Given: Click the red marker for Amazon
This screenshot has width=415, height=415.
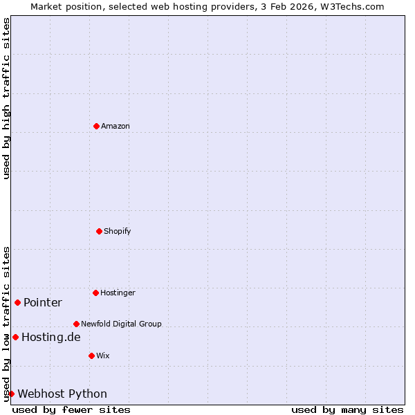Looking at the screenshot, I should pyautogui.click(x=96, y=126).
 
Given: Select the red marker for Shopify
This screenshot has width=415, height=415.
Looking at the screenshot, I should pyautogui.click(x=99, y=231).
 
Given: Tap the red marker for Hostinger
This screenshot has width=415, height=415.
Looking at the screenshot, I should pyautogui.click(x=95, y=293).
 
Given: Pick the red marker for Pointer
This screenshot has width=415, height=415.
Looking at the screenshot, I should pyautogui.click(x=17, y=302).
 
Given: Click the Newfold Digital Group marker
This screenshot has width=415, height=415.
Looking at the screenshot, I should pyautogui.click(x=76, y=324).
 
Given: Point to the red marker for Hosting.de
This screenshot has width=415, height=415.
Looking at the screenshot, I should pyautogui.click(x=15, y=337).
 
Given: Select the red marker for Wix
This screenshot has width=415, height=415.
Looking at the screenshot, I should pyautogui.click(x=91, y=356).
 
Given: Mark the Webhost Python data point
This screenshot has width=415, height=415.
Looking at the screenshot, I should pyautogui.click(x=11, y=394).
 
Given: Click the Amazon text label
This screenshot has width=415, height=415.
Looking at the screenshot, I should pyautogui.click(x=116, y=126).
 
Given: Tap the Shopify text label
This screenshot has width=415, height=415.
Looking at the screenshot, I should pyautogui.click(x=118, y=231).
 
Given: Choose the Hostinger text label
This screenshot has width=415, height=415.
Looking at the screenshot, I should pyautogui.click(x=118, y=293).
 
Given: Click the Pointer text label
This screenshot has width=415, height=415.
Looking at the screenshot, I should pyautogui.click(x=43, y=302).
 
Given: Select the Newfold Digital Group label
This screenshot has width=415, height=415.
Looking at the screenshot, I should pyautogui.click(x=121, y=324).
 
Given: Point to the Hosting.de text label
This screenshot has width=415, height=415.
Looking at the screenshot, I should pyautogui.click(x=51, y=337).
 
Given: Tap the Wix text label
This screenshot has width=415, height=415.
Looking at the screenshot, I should pyautogui.click(x=103, y=356).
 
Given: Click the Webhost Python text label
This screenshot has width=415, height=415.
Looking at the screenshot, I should pyautogui.click(x=62, y=394).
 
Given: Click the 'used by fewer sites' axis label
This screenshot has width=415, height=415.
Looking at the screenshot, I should pyautogui.click(x=71, y=409).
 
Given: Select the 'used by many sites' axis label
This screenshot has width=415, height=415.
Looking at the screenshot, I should pyautogui.click(x=347, y=409).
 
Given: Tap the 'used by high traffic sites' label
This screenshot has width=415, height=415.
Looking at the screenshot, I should pyautogui.click(x=6, y=98).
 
